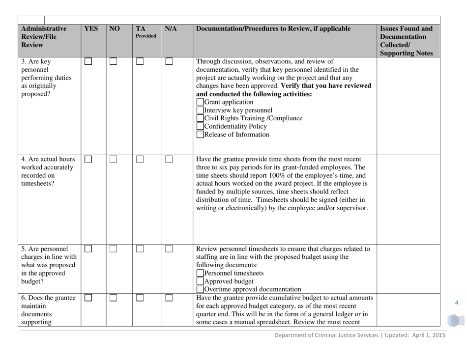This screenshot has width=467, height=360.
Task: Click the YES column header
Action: coord(90,28)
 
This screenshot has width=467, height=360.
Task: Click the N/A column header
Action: coord(170,28)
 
